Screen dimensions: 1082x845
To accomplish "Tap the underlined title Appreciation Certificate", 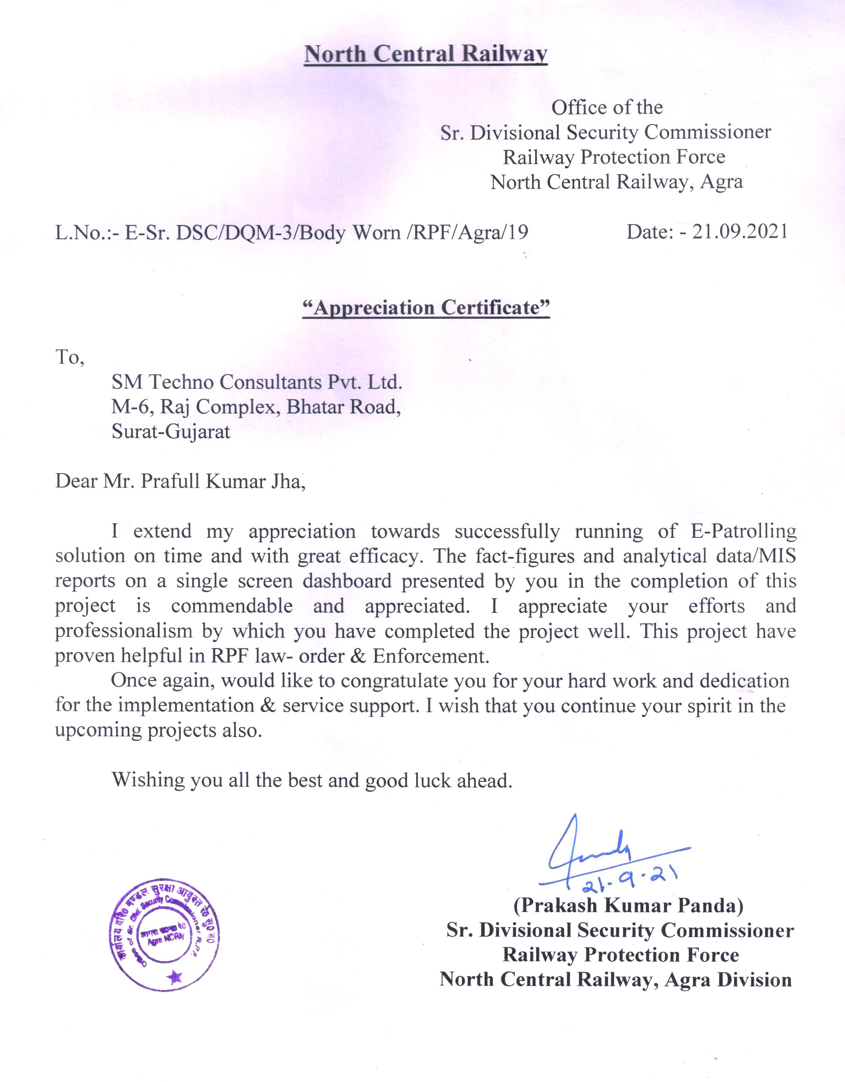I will (426, 308).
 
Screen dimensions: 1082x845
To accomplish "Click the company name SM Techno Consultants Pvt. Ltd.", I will (256, 382).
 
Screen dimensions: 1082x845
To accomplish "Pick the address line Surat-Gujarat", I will (171, 432).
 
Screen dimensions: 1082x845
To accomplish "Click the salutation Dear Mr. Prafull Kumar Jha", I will (180, 481).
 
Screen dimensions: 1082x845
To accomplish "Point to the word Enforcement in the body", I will (431, 656).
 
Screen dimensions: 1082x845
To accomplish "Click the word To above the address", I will (69, 357).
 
